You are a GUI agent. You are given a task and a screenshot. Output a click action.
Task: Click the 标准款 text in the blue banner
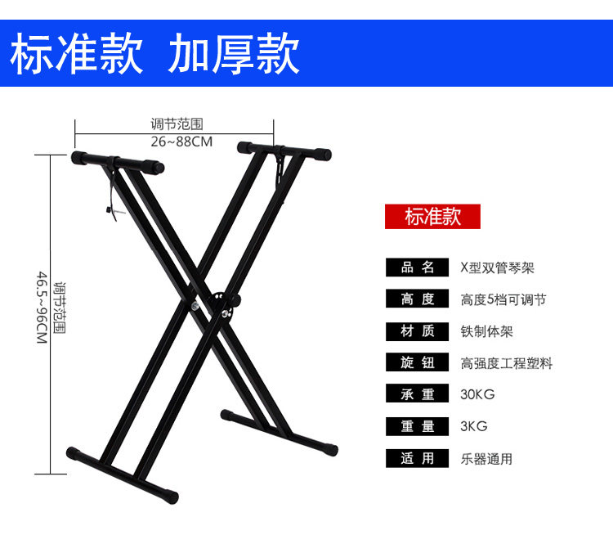(77, 54)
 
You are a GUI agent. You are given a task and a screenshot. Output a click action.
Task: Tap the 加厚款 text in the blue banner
(234, 54)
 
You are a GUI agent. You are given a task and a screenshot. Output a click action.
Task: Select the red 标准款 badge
(432, 217)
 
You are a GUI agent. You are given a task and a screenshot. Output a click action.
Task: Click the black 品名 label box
(418, 267)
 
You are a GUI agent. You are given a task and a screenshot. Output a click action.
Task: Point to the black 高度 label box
(418, 299)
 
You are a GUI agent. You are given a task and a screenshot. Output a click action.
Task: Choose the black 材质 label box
(418, 331)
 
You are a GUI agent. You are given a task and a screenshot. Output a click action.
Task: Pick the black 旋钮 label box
(418, 363)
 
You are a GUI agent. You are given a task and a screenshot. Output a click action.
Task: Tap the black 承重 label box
(418, 394)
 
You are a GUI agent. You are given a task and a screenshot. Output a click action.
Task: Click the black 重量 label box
(418, 426)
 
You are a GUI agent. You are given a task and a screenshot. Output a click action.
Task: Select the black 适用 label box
(418, 458)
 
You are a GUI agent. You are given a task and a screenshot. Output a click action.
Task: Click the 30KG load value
(477, 394)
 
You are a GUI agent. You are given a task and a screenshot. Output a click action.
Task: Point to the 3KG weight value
(473, 426)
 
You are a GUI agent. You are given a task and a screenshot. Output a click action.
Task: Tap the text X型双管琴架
(497, 267)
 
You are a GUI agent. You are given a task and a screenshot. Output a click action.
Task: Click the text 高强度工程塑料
(507, 363)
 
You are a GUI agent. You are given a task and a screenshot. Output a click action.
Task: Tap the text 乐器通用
(486, 458)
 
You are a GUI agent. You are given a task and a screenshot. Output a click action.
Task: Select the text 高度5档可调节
(503, 299)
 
